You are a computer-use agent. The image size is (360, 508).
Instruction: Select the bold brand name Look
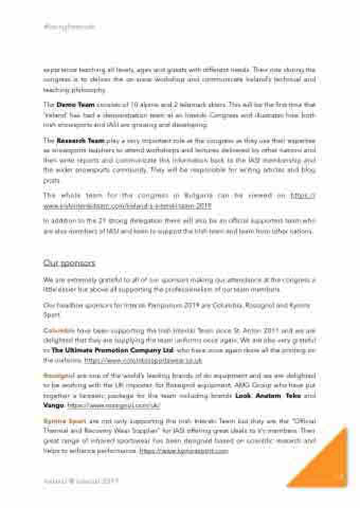pyautogui.click(x=240, y=395)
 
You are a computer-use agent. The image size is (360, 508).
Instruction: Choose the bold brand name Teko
pyautogui.click(x=294, y=395)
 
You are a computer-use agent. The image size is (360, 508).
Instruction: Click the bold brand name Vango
pyautogui.click(x=53, y=405)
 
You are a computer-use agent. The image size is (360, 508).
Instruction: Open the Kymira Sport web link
pyautogui.click(x=183, y=451)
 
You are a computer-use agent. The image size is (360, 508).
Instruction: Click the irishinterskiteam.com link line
pyautogui.click(x=127, y=205)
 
